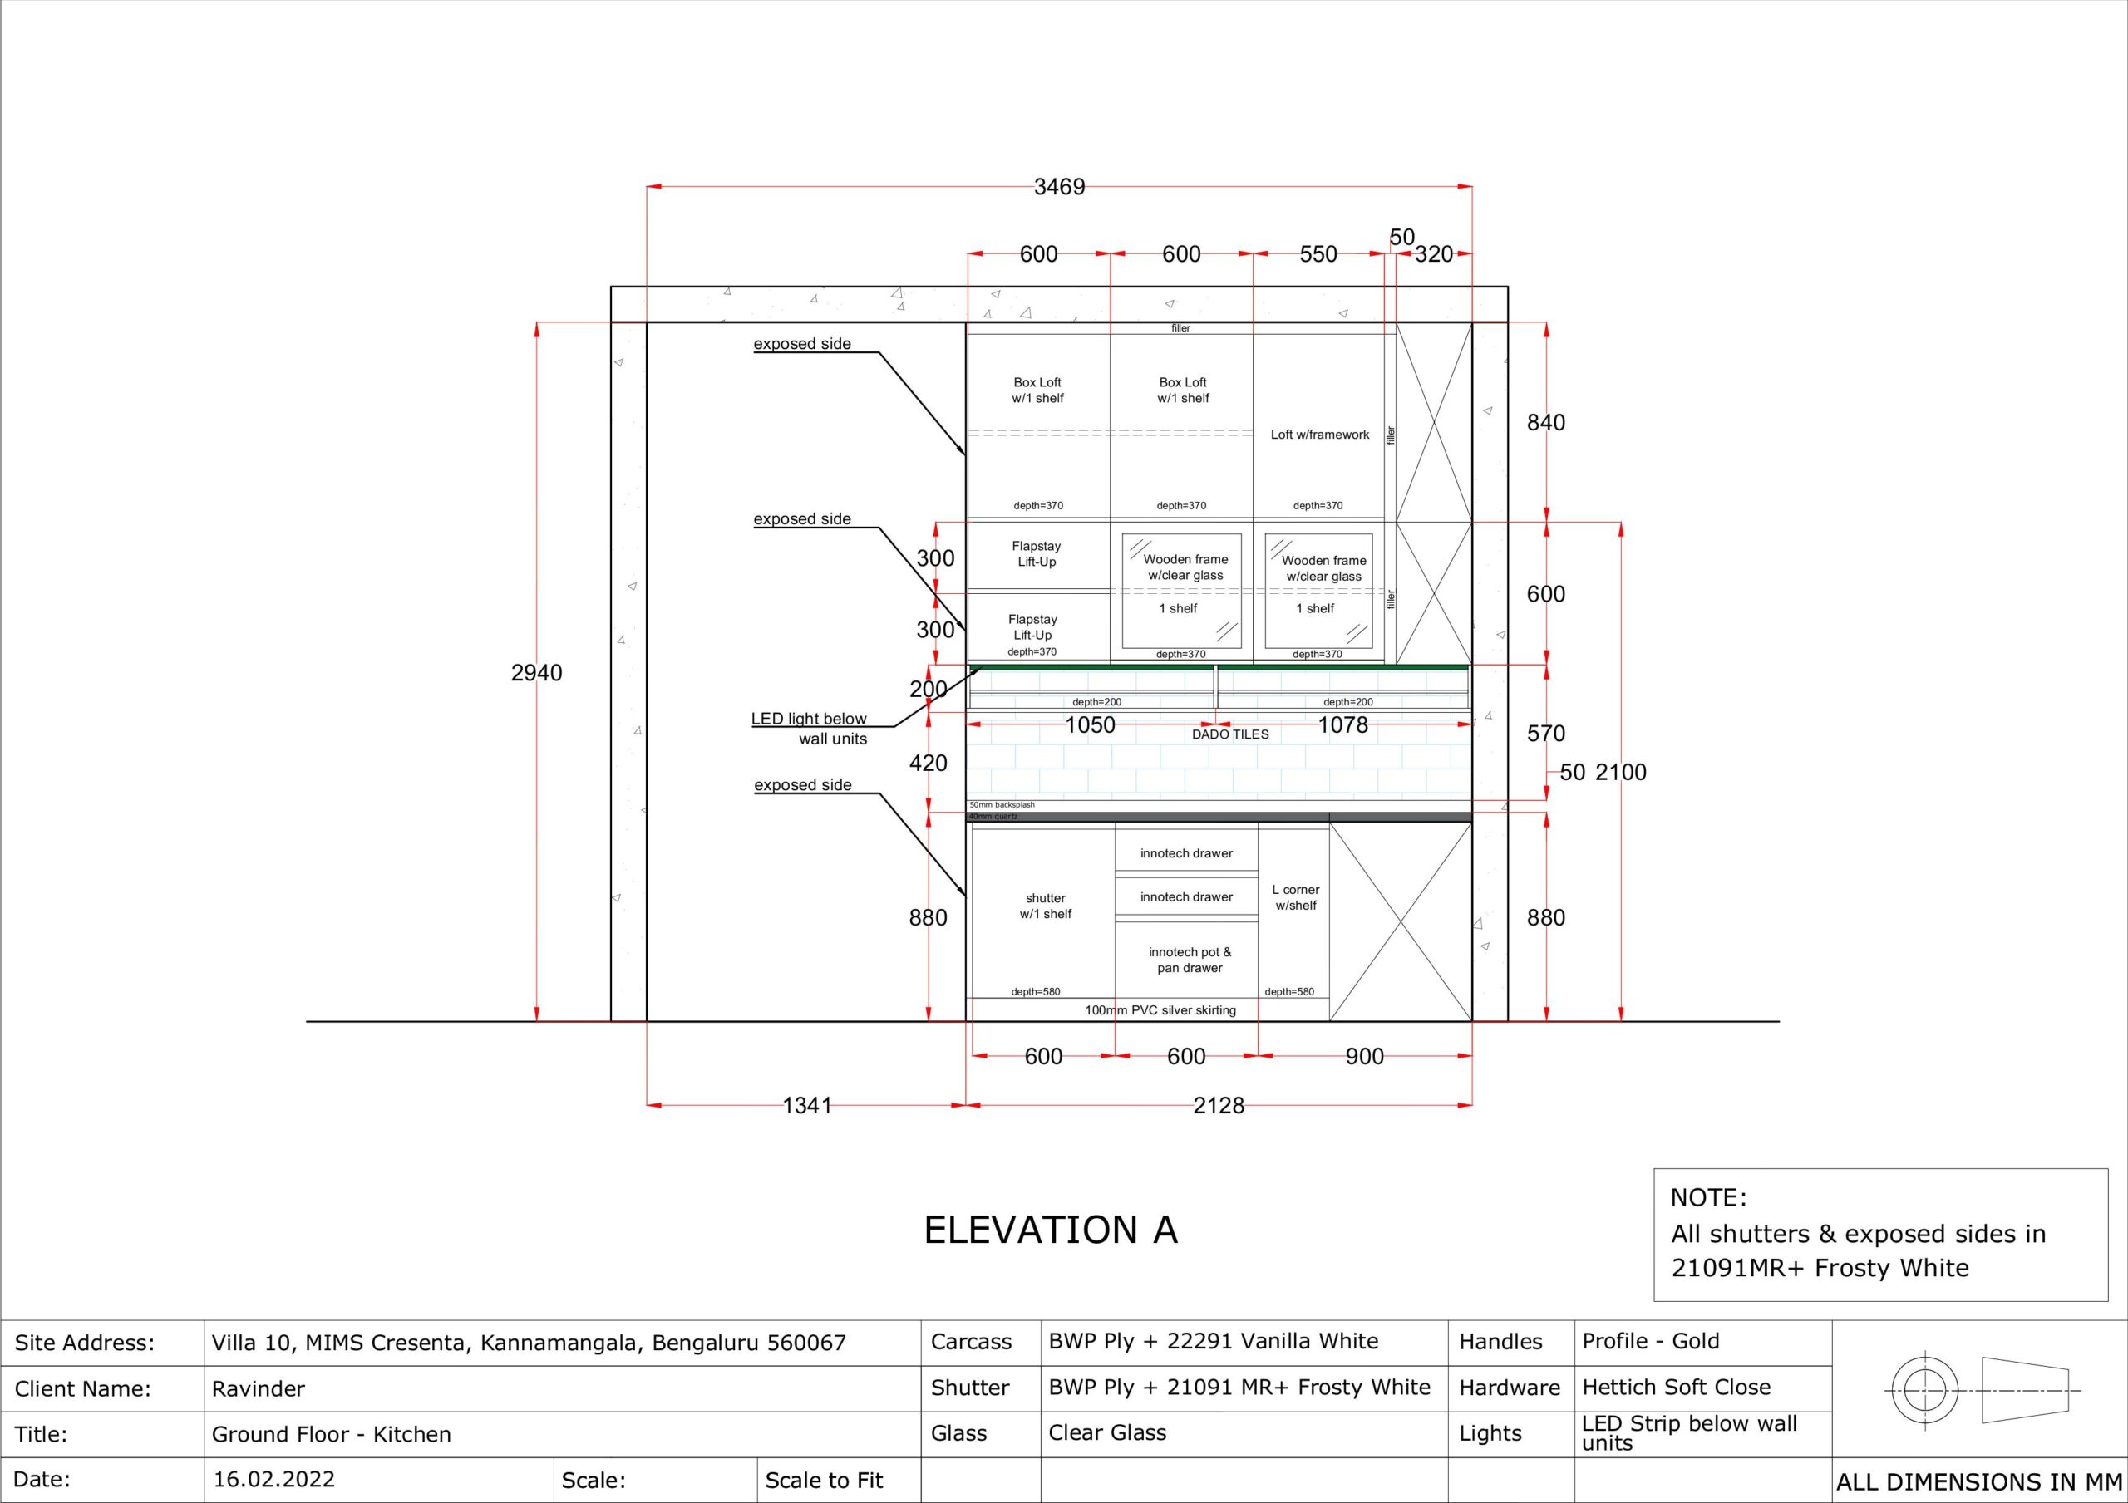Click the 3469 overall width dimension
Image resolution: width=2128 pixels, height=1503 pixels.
pyautogui.click(x=1059, y=187)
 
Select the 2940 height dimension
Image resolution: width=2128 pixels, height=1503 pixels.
pyautogui.click(x=537, y=673)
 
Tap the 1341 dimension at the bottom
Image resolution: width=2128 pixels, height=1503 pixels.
pyautogui.click(x=806, y=1106)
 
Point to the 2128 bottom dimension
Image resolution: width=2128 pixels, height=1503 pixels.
pyautogui.click(x=1219, y=1106)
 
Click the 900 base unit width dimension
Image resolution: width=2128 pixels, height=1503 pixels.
pyautogui.click(x=1364, y=1056)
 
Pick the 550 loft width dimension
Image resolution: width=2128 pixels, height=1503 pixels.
pyautogui.click(x=1318, y=254)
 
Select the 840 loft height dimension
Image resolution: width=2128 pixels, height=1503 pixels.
pyautogui.click(x=1546, y=423)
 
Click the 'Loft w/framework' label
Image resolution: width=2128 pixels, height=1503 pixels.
pyautogui.click(x=1320, y=435)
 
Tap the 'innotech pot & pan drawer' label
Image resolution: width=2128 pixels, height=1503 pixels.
pyautogui.click(x=1190, y=960)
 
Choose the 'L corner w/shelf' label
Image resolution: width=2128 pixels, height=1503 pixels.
pyautogui.click(x=1296, y=897)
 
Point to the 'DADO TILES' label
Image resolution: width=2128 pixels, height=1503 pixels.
pyautogui.click(x=1230, y=734)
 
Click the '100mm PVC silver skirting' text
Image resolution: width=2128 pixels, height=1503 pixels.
pyautogui.click(x=1160, y=1010)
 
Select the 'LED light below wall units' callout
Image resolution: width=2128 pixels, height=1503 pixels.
pyautogui.click(x=809, y=729)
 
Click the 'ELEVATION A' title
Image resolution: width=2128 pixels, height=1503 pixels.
pyautogui.click(x=1050, y=1230)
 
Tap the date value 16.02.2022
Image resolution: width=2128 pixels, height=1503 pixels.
pyautogui.click(x=274, y=1479)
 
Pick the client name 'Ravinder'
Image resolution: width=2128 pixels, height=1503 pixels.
pyautogui.click(x=259, y=1388)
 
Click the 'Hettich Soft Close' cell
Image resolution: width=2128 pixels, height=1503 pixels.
pyautogui.click(x=1677, y=1388)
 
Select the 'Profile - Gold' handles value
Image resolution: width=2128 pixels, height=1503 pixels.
pyautogui.click(x=1651, y=1341)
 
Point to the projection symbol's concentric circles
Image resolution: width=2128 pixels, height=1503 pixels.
pyautogui.click(x=1926, y=1391)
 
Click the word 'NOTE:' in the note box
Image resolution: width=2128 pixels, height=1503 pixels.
pyautogui.click(x=1708, y=1197)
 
